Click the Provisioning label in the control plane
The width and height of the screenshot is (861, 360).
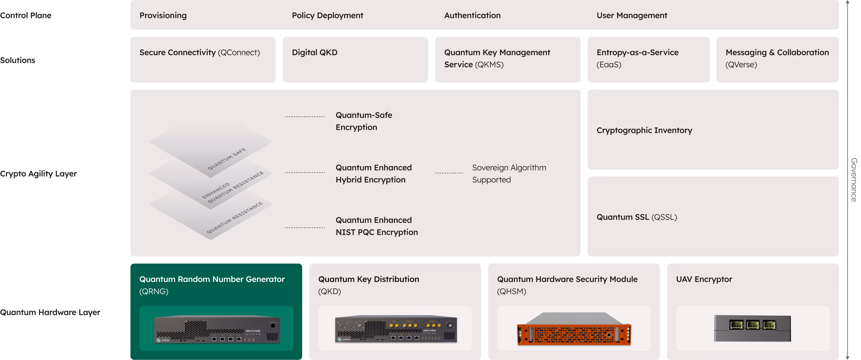[x=163, y=15]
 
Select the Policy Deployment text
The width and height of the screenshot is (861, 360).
[x=327, y=15]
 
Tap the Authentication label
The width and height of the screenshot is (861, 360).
[x=472, y=15]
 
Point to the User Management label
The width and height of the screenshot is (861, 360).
[x=632, y=15]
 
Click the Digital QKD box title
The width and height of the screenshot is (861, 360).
[x=315, y=52]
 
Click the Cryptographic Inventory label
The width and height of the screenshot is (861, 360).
[x=644, y=130]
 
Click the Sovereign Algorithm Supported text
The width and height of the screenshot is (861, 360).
[x=509, y=173]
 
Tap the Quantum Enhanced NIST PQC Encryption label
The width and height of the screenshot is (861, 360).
[x=376, y=226]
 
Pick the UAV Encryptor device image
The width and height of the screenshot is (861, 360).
[x=752, y=328]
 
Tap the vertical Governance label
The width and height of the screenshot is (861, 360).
[x=853, y=180]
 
